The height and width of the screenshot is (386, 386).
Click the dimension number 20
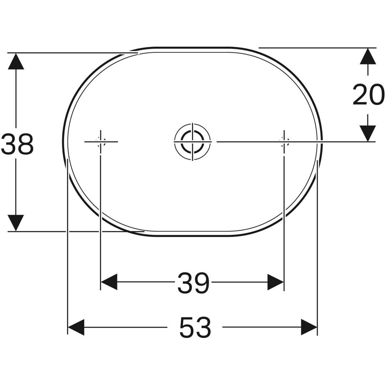368,95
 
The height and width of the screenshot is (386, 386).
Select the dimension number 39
193,283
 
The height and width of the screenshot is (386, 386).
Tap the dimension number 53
195,327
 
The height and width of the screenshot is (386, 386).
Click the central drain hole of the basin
192,142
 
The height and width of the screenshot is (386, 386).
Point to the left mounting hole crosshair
101,142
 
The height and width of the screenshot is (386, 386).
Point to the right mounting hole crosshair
284,142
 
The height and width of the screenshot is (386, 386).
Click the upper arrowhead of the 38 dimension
16,61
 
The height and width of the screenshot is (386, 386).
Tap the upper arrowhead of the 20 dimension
368,56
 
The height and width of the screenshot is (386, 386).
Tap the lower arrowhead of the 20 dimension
368,133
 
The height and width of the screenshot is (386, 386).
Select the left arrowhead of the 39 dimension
109,282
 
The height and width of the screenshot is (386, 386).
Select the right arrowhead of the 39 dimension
275,282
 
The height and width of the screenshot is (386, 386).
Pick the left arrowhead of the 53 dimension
76,327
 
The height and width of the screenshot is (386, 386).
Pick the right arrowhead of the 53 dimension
309,327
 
